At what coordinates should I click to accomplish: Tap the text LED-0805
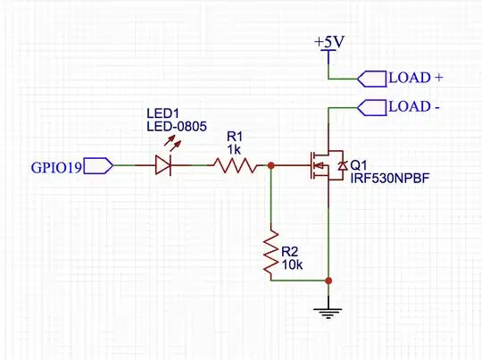(176, 128)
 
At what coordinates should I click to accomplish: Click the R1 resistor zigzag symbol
(234, 165)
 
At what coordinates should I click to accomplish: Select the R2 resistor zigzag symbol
(270, 254)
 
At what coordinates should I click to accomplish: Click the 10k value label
(292, 264)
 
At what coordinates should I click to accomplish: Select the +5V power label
(329, 42)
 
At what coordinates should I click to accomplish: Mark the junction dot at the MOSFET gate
(270, 165)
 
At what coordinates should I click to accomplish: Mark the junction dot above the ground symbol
(329, 280)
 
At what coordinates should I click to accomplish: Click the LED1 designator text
(162, 114)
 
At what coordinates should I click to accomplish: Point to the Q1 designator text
(359, 166)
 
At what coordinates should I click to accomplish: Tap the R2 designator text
(290, 251)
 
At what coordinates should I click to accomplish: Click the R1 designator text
(235, 135)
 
